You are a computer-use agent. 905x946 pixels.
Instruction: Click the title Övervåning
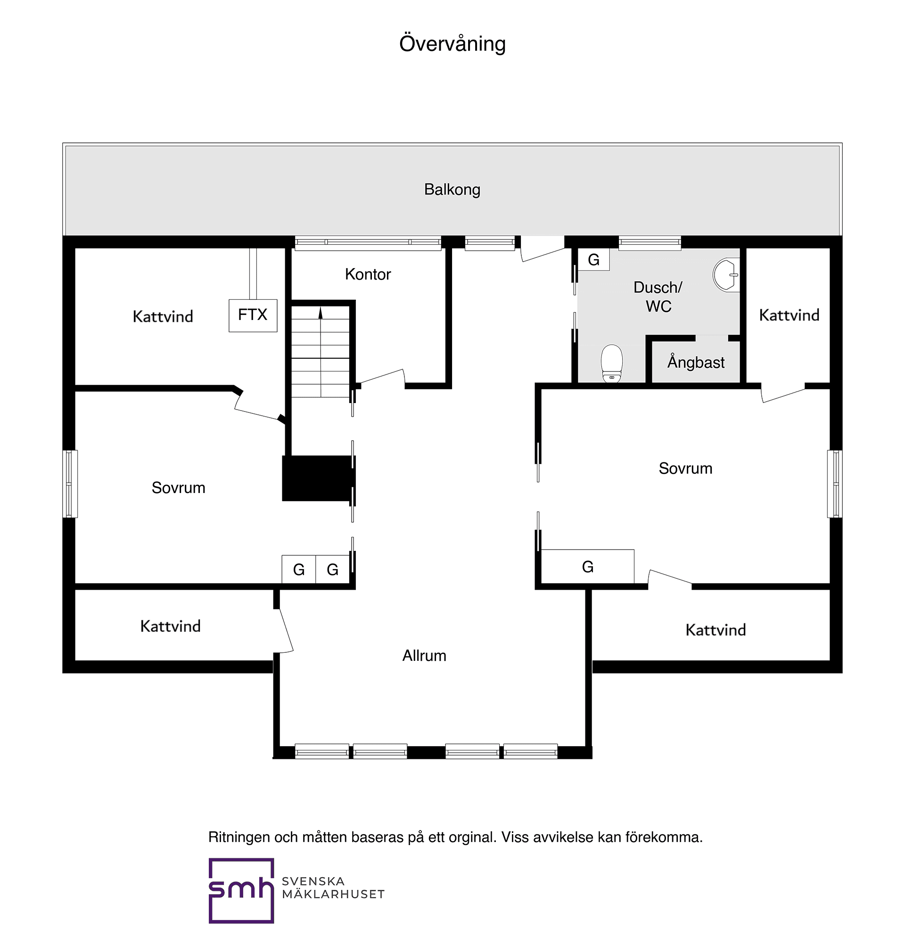[452, 44]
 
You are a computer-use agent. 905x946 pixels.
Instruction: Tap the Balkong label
[452, 189]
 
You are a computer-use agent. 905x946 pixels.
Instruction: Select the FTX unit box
[253, 315]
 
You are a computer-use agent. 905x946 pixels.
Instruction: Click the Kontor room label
[368, 274]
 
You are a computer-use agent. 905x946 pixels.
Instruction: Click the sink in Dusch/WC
[726, 274]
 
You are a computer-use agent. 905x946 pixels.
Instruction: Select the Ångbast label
[696, 362]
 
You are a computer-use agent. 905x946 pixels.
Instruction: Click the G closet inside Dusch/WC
[593, 260]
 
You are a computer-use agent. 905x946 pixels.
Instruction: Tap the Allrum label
[424, 656]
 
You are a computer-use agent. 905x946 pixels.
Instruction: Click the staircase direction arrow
[321, 313]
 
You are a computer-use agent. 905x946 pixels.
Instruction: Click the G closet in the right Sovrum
[587, 567]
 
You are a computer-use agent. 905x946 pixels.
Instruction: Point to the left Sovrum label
[179, 488]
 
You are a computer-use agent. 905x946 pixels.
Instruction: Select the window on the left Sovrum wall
[70, 484]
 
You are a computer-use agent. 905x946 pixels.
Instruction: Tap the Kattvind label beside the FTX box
[163, 316]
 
